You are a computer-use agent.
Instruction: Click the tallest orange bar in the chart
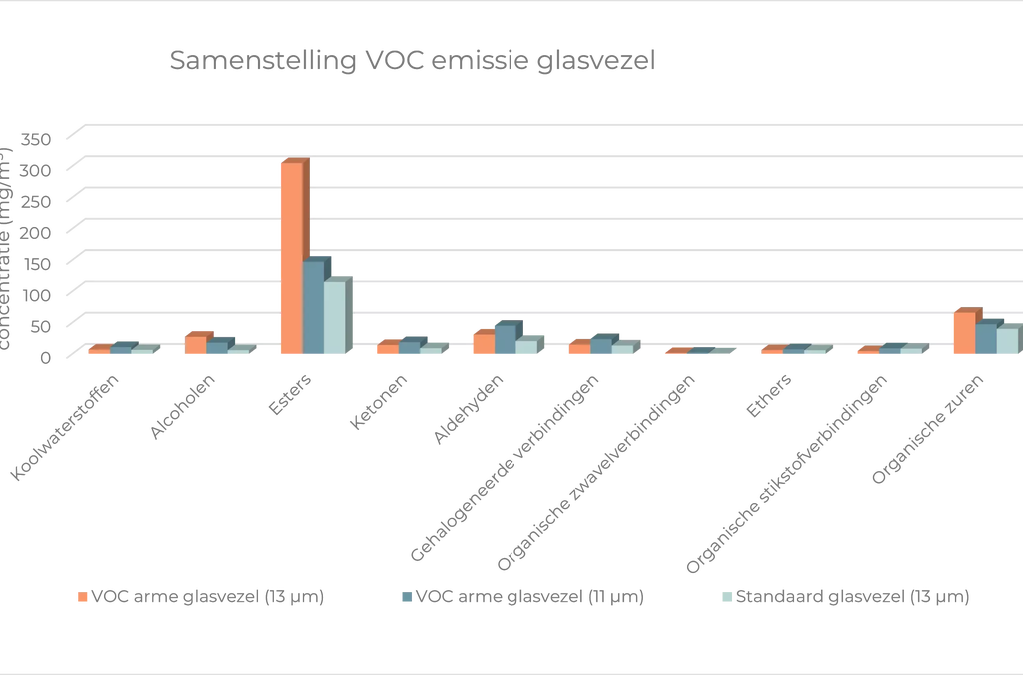tap(293, 260)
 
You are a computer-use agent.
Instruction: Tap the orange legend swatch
tap(83, 600)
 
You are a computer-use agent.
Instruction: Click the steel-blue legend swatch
tap(407, 600)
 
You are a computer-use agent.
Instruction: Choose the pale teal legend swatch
tap(728, 600)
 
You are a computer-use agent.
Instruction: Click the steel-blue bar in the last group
tap(986, 339)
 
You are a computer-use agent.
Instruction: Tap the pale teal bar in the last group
tap(1007, 342)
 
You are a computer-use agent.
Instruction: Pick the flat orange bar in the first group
tap(98, 350)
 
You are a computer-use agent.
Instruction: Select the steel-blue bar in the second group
tap(217, 347)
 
